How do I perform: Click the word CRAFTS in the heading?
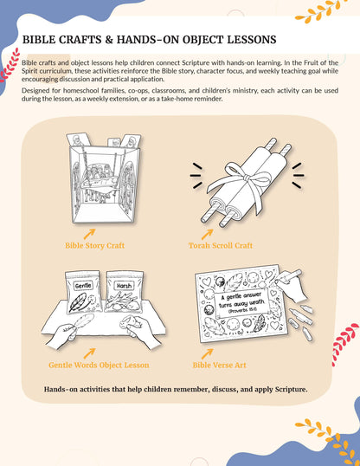coord(80,40)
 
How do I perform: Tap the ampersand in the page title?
coord(109,40)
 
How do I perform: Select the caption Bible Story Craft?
coord(94,245)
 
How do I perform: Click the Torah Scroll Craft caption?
coord(221,245)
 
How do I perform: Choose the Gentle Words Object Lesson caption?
coord(99,365)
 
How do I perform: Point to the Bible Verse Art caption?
coord(219,365)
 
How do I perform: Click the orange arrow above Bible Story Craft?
coord(89,234)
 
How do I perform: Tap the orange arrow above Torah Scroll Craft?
coord(208,234)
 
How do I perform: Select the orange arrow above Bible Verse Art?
coord(208,353)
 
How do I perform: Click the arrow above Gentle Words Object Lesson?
coord(89,353)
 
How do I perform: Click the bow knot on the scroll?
coord(246,178)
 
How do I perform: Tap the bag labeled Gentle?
coord(83,292)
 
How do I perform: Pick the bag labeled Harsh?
coord(125,292)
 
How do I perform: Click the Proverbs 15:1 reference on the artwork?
coord(242,310)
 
